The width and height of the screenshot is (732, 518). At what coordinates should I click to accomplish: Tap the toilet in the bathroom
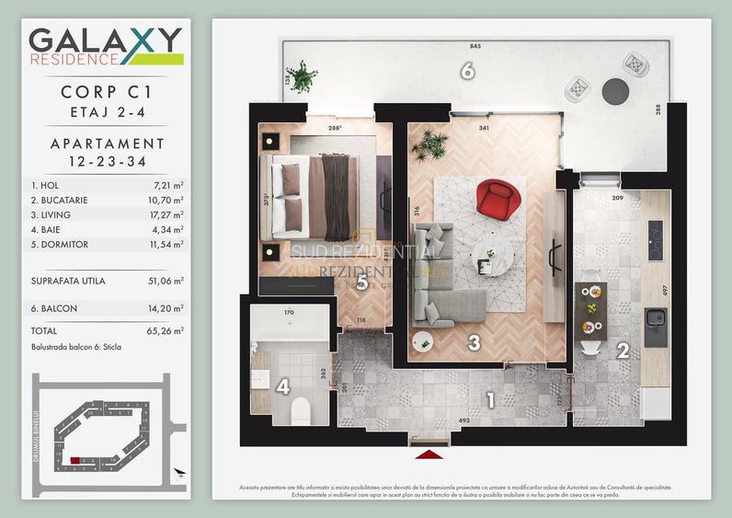(x=300, y=410)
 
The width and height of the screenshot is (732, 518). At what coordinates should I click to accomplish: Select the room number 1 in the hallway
(x=490, y=400)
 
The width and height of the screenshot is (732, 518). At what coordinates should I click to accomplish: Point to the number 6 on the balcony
(x=467, y=70)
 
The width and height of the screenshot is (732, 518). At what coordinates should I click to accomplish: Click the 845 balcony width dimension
(x=475, y=46)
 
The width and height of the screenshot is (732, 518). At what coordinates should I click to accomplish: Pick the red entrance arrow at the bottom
(x=430, y=454)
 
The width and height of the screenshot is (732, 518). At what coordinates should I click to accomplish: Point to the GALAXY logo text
(x=105, y=40)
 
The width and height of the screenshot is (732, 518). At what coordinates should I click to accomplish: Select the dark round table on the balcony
(x=615, y=90)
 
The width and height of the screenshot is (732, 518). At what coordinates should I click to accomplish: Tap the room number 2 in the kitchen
(x=623, y=350)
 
